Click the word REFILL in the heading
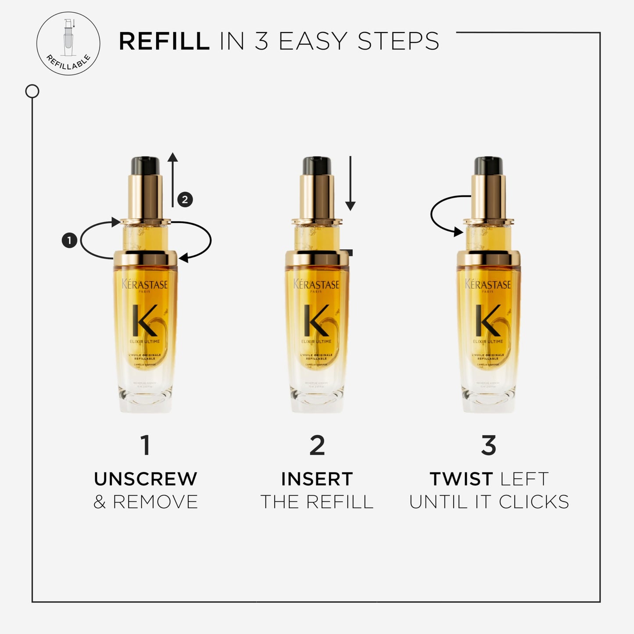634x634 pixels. click(x=164, y=42)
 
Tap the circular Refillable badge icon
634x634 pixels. click(x=68, y=43)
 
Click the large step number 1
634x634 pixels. click(x=146, y=445)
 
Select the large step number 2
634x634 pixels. click(x=317, y=445)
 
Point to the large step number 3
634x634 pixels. click(x=488, y=445)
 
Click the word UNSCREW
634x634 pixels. click(x=146, y=479)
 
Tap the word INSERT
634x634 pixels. click(x=317, y=479)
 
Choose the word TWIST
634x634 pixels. click(x=461, y=479)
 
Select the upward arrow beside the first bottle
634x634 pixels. click(x=172, y=180)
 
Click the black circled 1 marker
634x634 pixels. click(x=69, y=240)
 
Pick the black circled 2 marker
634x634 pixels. click(x=185, y=200)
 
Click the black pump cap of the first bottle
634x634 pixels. click(x=145, y=165)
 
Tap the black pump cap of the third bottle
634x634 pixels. click(x=488, y=165)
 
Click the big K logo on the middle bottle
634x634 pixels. click(x=317, y=320)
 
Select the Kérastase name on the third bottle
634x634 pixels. click(x=488, y=285)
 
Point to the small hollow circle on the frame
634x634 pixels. click(x=32, y=91)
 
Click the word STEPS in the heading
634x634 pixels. click(x=398, y=42)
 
